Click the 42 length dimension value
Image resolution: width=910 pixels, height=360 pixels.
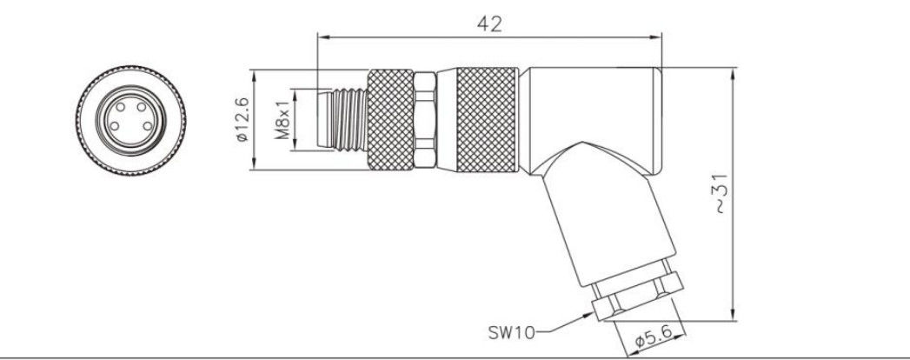490,25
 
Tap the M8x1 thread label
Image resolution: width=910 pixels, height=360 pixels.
282,121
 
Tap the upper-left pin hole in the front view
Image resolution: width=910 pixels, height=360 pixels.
115,110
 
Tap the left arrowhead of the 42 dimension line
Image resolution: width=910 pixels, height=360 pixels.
322,37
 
